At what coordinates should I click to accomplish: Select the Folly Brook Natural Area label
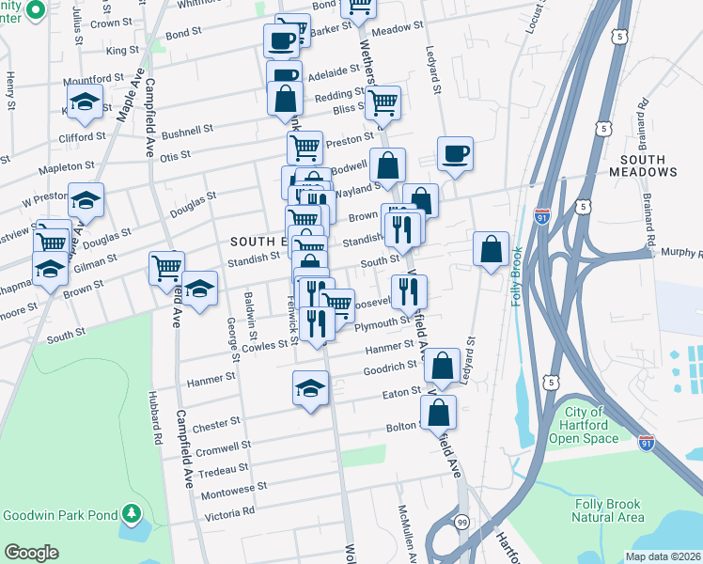point(609,510)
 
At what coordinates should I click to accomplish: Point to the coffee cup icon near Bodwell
point(455,153)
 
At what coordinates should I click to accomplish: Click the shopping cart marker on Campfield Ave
point(166,267)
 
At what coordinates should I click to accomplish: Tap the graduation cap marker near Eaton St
point(310,388)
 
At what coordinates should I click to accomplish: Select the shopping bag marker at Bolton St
point(438,411)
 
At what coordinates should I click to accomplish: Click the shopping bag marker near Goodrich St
point(445,364)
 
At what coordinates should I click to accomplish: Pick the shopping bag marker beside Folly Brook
point(491,249)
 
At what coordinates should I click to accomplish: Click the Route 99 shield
point(461,522)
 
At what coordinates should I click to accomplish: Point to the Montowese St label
point(234,490)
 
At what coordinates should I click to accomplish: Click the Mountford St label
point(98,78)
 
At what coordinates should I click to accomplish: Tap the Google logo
point(31,553)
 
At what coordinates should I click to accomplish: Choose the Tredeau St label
point(224,468)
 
